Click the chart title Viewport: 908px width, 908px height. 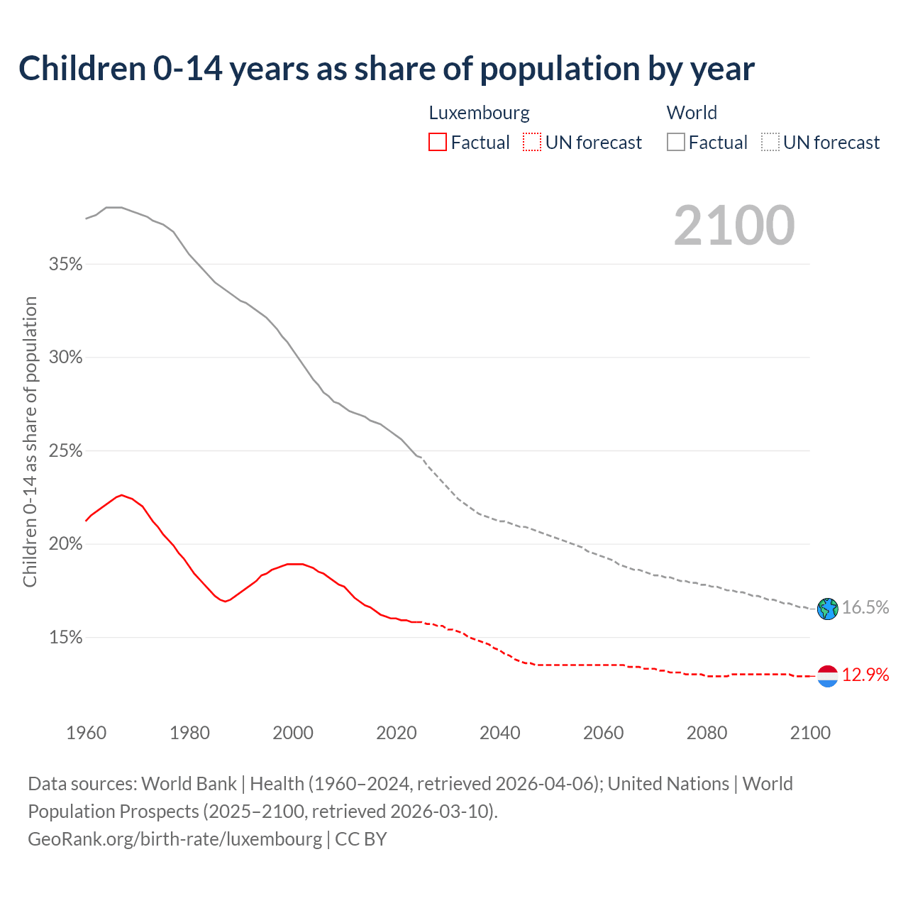click(387, 69)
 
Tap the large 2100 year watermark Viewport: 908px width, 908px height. click(734, 226)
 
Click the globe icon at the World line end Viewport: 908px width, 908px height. click(827, 609)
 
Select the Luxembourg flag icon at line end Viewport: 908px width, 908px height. click(827, 676)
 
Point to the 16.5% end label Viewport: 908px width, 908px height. click(865, 608)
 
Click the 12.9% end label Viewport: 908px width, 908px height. click(865, 675)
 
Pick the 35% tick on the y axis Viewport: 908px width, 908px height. click(65, 265)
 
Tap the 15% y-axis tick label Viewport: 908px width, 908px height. click(65, 638)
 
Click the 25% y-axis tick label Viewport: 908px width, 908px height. click(65, 451)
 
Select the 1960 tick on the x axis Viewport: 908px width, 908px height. click(87, 733)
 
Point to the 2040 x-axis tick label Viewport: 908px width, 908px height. click(500, 733)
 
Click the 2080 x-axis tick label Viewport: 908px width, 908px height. click(707, 733)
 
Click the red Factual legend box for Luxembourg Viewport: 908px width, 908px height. click(438, 143)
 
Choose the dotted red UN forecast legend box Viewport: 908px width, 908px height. click(532, 143)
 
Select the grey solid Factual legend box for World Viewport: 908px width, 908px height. click(676, 143)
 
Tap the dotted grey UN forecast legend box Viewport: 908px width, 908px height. click(770, 143)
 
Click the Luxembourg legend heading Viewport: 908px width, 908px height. click(479, 113)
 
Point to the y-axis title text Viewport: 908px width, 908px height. click(30, 442)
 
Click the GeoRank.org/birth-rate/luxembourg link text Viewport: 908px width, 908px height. click(175, 839)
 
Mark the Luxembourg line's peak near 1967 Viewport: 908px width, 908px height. click(121, 495)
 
